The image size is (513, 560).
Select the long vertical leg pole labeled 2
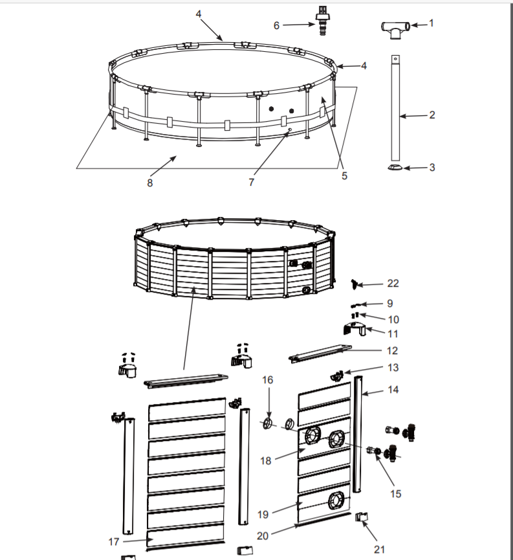(395, 107)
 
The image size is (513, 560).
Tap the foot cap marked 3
(395, 168)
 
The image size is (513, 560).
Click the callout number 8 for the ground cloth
(150, 183)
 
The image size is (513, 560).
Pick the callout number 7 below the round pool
(251, 183)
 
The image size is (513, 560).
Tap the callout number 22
(393, 284)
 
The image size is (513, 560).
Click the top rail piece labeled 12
(320, 353)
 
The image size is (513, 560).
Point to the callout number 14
(393, 390)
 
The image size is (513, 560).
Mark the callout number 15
(395, 493)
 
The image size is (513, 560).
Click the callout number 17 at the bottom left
(114, 541)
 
